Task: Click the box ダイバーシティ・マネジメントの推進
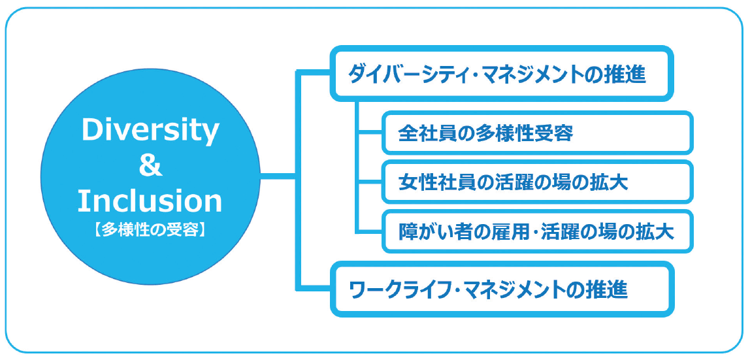(x=501, y=74)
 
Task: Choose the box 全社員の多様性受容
(x=536, y=133)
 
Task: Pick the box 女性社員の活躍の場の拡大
(x=536, y=182)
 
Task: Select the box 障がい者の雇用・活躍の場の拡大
(x=536, y=231)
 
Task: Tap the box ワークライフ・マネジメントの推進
(x=501, y=289)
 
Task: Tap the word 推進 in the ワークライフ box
(x=609, y=289)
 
